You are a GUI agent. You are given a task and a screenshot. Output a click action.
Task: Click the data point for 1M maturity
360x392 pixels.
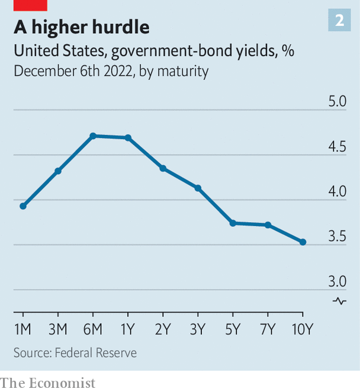click(23, 206)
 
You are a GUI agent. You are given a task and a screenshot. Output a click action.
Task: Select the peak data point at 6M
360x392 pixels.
click(93, 136)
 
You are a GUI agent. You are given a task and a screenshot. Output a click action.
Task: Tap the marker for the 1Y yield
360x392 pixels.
click(128, 138)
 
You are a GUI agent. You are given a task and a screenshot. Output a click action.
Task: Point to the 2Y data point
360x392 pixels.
click(163, 169)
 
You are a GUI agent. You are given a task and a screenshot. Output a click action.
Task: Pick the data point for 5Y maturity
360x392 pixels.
click(233, 223)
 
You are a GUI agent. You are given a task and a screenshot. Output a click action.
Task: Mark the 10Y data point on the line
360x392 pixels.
click(303, 242)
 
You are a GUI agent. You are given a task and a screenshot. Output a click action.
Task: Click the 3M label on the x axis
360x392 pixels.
click(58, 329)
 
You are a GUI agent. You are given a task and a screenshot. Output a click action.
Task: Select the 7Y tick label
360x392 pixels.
click(268, 329)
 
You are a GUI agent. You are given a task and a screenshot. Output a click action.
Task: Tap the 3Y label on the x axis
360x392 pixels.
click(198, 329)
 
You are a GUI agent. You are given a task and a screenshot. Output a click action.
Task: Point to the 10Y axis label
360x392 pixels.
click(303, 329)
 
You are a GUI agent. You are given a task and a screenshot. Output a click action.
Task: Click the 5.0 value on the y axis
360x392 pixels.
click(337, 101)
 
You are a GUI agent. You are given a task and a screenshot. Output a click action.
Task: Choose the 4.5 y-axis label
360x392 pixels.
click(337, 146)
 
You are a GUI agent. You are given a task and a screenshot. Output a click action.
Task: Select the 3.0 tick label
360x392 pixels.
click(337, 281)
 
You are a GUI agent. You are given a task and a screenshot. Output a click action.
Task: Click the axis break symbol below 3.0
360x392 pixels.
click(339, 301)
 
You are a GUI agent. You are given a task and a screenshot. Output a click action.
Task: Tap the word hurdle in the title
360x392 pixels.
click(121, 27)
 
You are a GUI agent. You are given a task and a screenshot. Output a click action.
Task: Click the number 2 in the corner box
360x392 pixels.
click(339, 20)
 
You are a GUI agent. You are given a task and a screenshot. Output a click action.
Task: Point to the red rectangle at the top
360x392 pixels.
click(30, 5)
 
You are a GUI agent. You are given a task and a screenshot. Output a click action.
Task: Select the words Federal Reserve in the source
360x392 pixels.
click(96, 353)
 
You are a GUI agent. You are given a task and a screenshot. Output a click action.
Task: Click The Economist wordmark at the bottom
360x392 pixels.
click(48, 383)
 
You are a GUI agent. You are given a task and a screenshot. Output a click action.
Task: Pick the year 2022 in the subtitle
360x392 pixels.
click(118, 71)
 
